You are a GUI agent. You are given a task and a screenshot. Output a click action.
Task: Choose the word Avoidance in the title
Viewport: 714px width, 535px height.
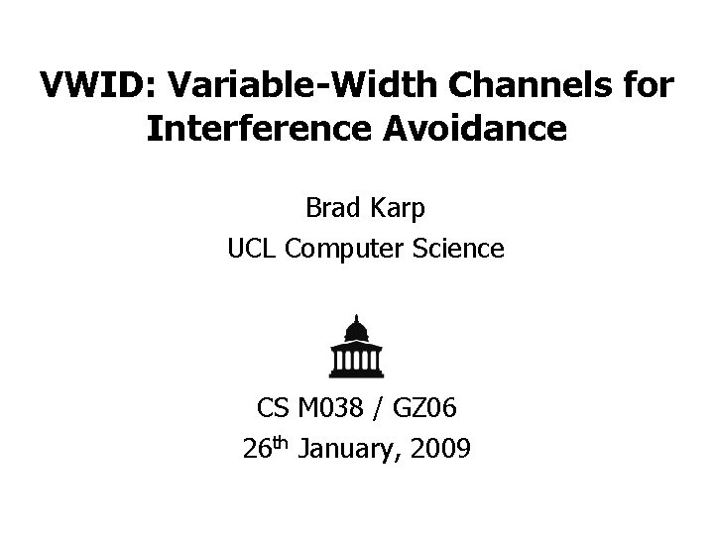(x=480, y=129)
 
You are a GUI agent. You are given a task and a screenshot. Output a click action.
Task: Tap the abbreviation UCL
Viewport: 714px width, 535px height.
(x=251, y=249)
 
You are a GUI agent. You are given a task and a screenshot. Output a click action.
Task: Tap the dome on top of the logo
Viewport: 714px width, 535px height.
(x=356, y=326)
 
